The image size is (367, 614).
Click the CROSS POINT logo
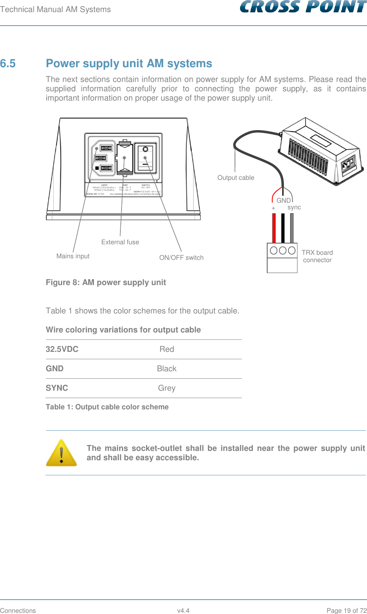303,7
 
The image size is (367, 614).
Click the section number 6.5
8,63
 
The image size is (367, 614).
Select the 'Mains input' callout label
73,256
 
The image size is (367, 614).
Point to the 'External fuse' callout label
120,242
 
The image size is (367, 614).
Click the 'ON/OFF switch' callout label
181,258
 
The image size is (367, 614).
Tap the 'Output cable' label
236,178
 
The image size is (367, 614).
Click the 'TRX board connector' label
317,256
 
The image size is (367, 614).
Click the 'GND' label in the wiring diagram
284,200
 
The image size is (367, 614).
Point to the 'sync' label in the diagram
294,207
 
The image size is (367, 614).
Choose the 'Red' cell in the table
167,349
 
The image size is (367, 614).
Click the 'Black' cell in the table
167,369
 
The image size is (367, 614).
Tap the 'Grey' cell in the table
167,388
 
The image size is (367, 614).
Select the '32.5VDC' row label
62,349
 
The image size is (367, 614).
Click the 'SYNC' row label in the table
57,388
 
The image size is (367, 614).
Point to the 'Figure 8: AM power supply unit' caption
106,282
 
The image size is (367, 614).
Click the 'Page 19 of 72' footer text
346,611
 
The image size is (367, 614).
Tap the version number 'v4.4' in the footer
183,611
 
